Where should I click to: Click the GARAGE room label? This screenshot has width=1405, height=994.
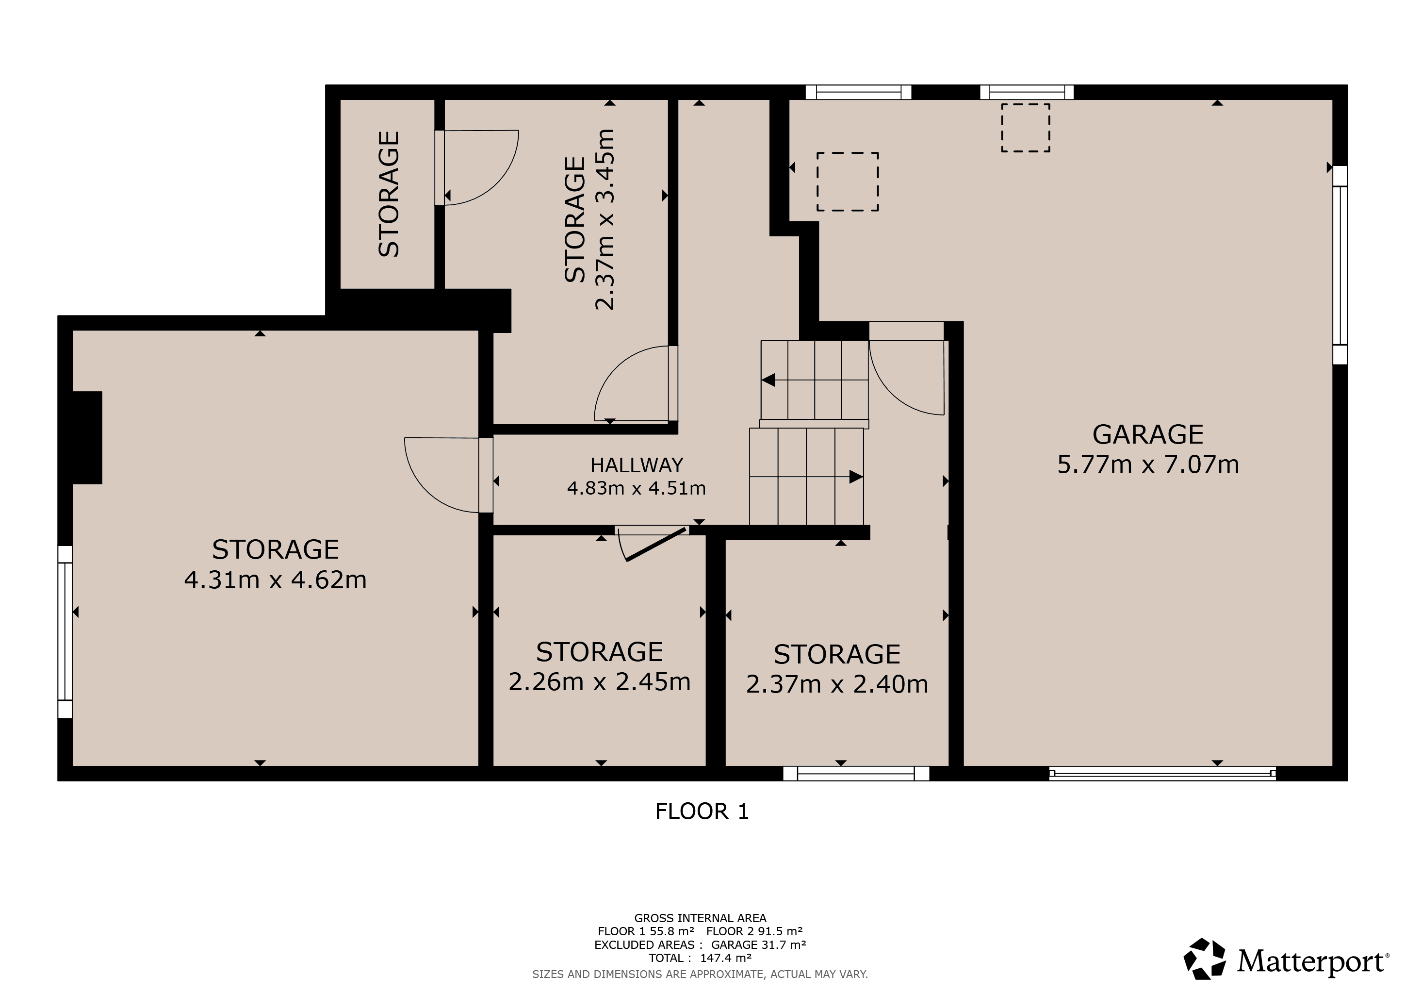click(1148, 434)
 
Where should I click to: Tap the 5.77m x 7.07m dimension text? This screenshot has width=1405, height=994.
click(1148, 464)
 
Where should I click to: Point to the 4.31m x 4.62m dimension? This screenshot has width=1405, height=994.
click(276, 580)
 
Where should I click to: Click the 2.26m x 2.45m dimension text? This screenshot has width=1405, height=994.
click(600, 682)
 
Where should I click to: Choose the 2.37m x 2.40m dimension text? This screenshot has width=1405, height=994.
click(837, 684)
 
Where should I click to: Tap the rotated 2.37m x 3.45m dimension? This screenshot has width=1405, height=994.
click(604, 220)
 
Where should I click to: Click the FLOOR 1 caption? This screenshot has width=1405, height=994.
click(702, 812)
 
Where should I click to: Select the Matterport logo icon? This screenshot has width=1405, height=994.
click(1204, 959)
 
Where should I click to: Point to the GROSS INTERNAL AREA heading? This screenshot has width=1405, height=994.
click(700, 918)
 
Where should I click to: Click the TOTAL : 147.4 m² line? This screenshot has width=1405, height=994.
click(700, 958)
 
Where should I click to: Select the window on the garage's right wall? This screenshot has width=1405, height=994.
click(1340, 265)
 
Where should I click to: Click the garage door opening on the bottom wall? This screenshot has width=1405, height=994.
click(1163, 774)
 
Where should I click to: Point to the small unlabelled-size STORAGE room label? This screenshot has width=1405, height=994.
click(389, 194)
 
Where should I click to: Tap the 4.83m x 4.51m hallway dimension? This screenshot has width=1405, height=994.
click(637, 488)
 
